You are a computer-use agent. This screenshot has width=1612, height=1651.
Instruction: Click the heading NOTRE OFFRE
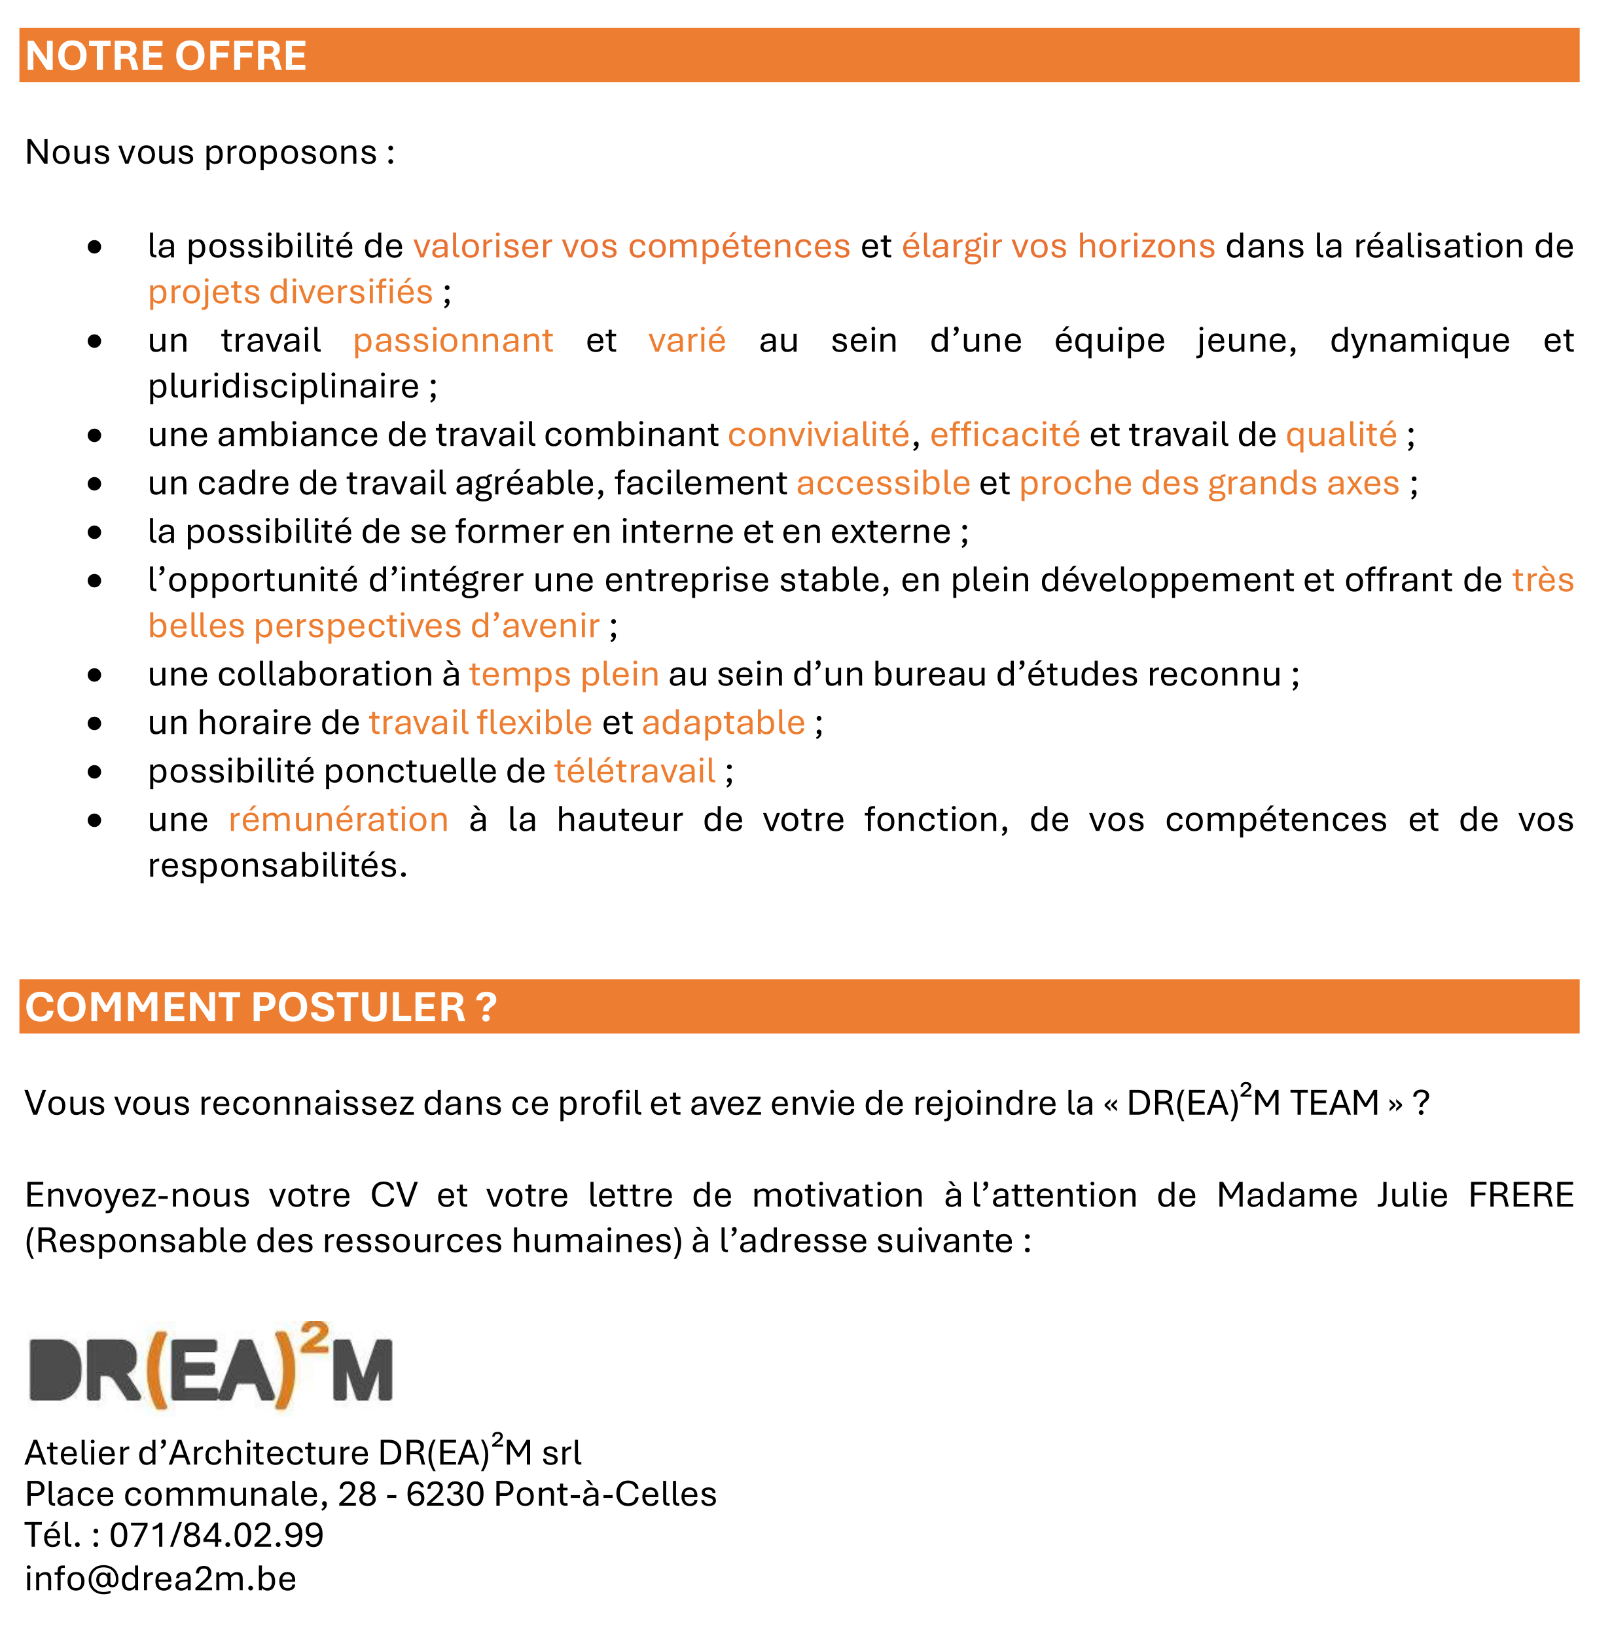click(166, 56)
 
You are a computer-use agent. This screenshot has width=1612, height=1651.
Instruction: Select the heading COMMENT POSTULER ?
click(260, 1007)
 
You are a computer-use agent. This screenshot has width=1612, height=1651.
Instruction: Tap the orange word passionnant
click(453, 340)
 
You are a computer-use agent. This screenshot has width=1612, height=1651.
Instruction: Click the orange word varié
click(687, 340)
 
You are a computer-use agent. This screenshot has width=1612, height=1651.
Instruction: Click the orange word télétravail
click(635, 771)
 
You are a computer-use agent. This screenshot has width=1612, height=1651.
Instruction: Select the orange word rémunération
click(338, 820)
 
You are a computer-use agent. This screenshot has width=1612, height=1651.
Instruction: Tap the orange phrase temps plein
click(564, 675)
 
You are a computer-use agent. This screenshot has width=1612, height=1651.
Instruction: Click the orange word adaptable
click(723, 723)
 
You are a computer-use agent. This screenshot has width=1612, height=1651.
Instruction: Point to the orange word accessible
click(883, 482)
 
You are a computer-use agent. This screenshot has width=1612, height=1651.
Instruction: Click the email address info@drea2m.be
click(161, 1578)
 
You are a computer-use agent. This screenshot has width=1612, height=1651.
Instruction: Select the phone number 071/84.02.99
click(217, 1535)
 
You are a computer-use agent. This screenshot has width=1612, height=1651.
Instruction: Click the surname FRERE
click(1520, 1195)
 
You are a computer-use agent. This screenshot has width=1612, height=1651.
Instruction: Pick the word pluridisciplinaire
click(283, 387)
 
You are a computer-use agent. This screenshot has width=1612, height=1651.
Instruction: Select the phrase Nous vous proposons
click(201, 153)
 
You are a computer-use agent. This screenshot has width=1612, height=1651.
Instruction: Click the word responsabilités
click(277, 865)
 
